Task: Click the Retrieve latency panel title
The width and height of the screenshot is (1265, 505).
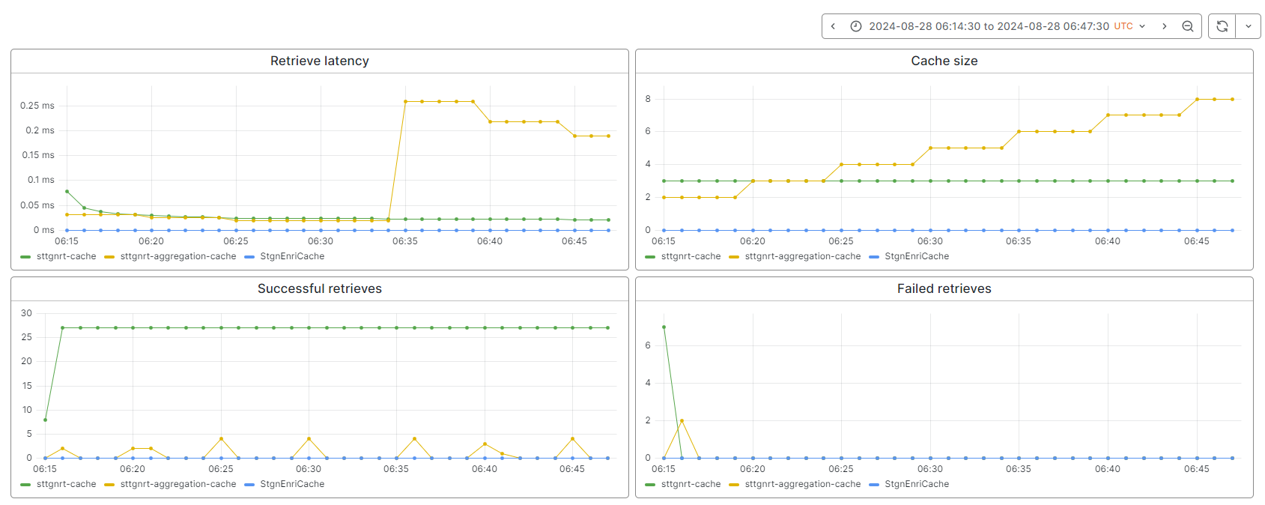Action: [319, 61]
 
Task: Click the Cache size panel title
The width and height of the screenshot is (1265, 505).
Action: [944, 61]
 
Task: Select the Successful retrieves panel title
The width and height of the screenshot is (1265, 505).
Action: [319, 289]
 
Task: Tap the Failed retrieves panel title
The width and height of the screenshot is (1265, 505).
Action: [944, 289]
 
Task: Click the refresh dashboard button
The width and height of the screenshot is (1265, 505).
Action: [1222, 26]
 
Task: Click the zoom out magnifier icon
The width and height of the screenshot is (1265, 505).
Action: [1187, 26]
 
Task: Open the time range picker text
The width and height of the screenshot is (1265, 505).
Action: [989, 26]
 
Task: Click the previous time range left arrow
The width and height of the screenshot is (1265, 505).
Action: [833, 26]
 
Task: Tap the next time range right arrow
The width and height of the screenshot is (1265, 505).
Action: [1164, 26]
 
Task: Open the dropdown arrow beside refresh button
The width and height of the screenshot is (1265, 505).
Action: [1248, 26]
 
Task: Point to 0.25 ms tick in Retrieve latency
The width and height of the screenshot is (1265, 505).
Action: [37, 106]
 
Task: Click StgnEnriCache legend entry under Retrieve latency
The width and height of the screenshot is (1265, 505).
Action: [291, 256]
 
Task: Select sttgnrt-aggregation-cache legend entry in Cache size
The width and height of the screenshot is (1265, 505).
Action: [802, 256]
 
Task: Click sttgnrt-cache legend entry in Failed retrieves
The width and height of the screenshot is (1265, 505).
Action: [690, 484]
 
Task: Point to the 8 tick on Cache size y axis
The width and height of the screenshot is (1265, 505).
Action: [648, 99]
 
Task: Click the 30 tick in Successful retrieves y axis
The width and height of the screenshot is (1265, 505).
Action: [27, 313]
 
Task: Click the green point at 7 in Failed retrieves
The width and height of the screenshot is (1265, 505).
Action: [664, 327]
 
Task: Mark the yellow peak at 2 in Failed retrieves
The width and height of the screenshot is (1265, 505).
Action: [682, 421]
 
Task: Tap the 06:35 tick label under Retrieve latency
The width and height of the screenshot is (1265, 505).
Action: [404, 241]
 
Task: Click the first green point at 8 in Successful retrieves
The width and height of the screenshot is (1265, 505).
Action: [45, 420]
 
